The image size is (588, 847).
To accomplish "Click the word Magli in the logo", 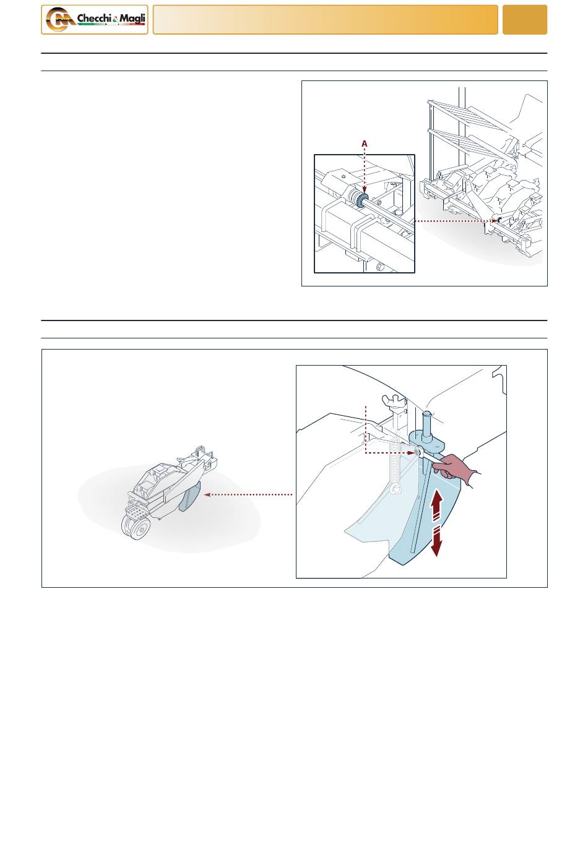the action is [132, 19].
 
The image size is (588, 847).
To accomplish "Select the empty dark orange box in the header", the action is [524, 20].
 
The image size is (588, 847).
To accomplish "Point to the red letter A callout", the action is [364, 144].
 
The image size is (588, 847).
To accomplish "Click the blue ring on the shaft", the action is [363, 200].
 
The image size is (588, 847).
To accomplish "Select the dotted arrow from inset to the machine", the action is [456, 221].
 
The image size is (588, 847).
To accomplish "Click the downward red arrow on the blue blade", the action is [436, 541].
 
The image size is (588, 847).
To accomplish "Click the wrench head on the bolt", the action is [419, 452].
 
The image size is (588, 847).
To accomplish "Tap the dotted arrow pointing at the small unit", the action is [248, 494].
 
